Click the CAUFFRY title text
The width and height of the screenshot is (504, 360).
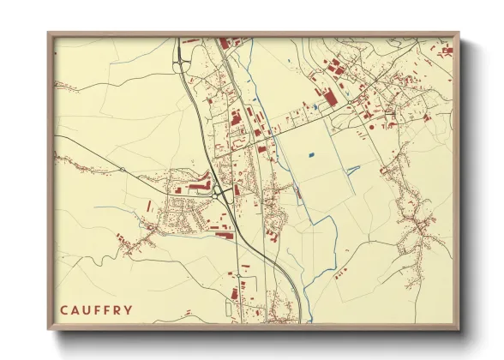click(96, 309)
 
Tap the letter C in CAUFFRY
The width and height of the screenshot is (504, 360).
click(64, 309)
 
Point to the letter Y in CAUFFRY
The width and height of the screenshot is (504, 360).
click(128, 309)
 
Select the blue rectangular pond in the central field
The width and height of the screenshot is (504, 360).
click(310, 155)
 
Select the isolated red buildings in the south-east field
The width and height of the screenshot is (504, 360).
click(342, 273)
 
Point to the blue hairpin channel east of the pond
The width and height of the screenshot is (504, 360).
click(351, 168)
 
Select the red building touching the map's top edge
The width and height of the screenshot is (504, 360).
click(225, 42)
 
